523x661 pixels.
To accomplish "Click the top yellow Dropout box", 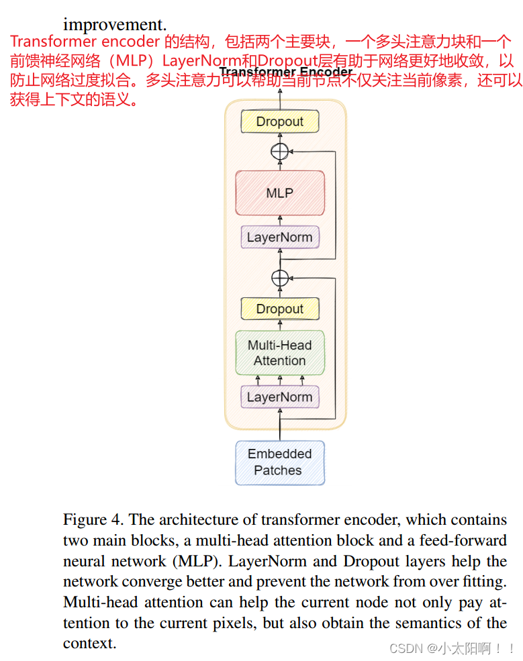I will [279, 121].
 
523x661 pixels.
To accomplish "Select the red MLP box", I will [279, 193].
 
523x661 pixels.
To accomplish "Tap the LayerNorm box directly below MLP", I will [279, 237].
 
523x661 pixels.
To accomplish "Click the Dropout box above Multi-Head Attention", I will [279, 309].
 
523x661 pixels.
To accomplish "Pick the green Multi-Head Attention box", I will [279, 353].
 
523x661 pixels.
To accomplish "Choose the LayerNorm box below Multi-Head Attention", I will [279, 397].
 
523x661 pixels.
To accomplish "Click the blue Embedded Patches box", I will [279, 462].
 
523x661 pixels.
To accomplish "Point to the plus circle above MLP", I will [279, 151].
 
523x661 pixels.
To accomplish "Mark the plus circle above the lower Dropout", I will [279, 277].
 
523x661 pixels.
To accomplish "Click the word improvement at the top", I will [114, 25].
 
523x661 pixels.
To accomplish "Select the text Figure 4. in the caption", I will [93, 519].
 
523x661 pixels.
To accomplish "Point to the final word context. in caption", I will [89, 644].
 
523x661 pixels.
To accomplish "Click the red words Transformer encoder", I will [85, 42].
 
